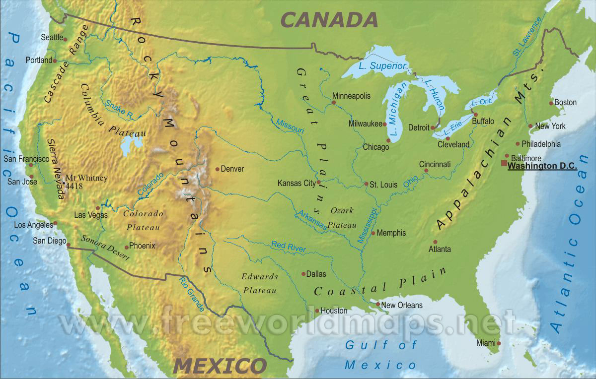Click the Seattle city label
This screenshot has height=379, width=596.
(52, 37)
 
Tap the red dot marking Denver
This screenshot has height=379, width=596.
(218, 169)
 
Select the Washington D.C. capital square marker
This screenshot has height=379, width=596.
(504, 163)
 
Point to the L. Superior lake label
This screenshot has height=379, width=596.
(382, 66)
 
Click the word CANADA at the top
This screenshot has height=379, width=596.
(329, 20)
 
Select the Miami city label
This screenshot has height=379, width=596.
(486, 343)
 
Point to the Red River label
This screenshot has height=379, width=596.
(288, 247)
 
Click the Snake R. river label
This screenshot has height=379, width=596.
(119, 110)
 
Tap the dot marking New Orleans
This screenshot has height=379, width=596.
(378, 305)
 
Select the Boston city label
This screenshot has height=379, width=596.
(565, 102)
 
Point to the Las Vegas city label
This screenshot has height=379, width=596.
(90, 215)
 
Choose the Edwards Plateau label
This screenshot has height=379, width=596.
(259, 283)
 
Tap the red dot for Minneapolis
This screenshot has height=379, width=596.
(334, 103)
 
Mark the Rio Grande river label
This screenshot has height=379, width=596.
(189, 293)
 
